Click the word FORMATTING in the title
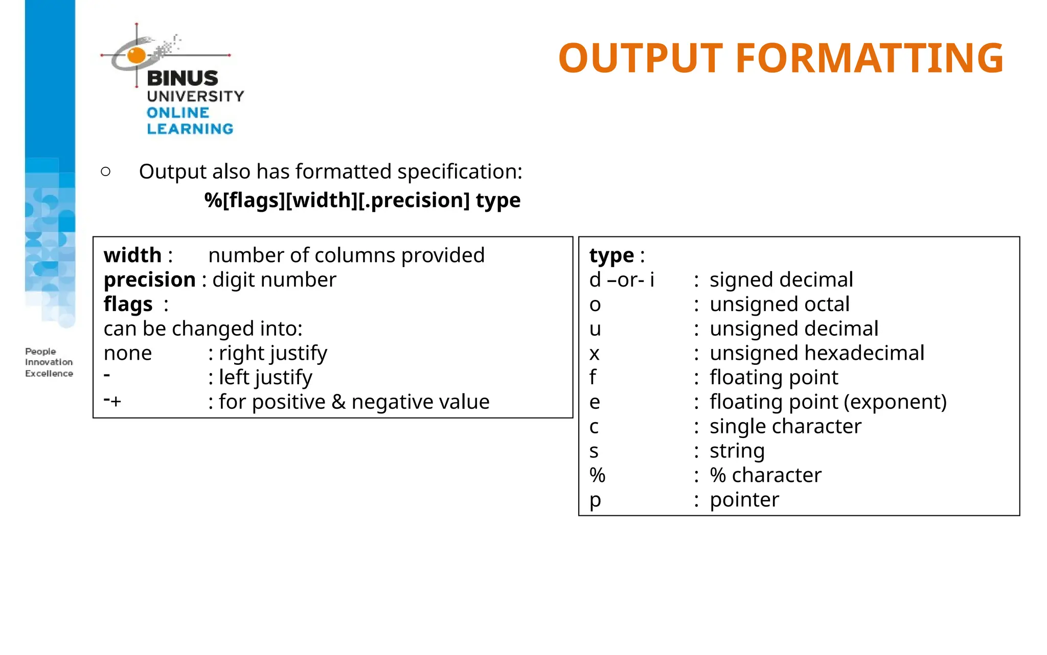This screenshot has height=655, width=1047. pos(869,58)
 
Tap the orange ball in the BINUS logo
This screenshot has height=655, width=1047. pos(136,55)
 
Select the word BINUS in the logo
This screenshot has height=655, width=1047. pos(183,78)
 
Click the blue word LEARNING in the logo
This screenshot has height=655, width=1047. pos(190,128)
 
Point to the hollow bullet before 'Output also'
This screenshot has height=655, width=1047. pos(106,171)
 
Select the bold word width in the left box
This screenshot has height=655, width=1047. pos(132,255)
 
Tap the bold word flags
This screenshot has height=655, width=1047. pos(128,304)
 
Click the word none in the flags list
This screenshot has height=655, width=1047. pos(128,354)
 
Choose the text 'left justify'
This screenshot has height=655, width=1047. pos(265,378)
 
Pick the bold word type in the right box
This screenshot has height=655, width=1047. pos(611,255)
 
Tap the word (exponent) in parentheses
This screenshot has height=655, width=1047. pos(895,402)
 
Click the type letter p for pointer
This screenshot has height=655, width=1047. pos(595,500)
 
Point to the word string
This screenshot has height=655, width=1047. pos(737,451)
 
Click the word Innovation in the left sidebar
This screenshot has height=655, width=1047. pos(49,362)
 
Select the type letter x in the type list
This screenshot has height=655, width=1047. pos(594,354)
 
